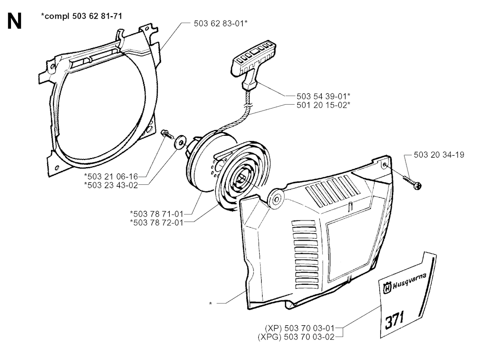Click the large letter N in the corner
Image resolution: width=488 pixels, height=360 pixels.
[14, 22]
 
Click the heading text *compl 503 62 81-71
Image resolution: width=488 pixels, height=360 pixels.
[81, 16]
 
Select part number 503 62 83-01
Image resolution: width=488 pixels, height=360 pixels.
[221, 23]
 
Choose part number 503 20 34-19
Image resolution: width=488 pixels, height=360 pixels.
[439, 154]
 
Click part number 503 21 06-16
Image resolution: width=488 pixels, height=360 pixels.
[111, 176]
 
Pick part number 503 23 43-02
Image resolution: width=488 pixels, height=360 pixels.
[111, 185]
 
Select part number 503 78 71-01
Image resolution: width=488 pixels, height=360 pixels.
[156, 214]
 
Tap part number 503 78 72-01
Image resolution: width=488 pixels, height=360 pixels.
[156, 222]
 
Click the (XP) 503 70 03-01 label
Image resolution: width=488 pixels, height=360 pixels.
[299, 328]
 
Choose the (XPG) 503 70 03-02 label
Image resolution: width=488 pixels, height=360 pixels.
[296, 337]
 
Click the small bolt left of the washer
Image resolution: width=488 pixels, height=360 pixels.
[167, 135]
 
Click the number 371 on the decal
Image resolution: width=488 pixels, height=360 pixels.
[395, 320]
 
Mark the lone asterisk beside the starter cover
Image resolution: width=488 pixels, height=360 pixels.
[210, 303]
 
